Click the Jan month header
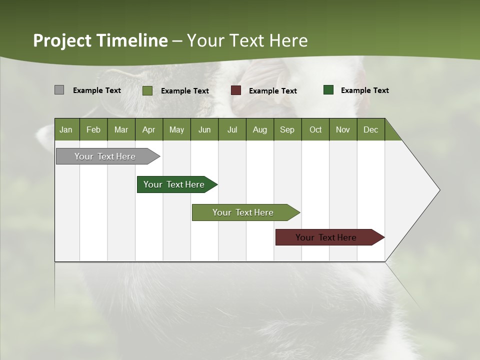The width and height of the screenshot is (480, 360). point(66,129)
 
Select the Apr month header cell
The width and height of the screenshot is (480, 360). point(148,129)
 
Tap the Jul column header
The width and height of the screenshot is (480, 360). point(232,129)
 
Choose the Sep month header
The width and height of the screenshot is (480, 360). point(287,129)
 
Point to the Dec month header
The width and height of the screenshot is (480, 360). point(370,129)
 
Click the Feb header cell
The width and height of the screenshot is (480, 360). point(93,129)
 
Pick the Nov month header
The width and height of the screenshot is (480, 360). point(342,129)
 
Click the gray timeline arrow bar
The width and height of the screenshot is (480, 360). point(105,156)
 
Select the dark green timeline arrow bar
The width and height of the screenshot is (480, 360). point(174,184)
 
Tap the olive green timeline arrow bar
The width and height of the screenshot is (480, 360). point(243,212)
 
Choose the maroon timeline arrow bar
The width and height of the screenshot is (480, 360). point(326,237)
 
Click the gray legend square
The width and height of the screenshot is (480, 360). point(59,90)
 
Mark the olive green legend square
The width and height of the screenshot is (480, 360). point(147,90)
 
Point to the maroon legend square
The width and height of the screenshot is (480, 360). point(235,90)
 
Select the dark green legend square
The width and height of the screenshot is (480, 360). point(328,90)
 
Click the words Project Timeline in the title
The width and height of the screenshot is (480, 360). point(100,40)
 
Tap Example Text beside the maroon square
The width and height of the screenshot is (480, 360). point(272,91)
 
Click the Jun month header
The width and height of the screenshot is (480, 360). point(204,129)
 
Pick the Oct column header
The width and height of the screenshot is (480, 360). point(315,129)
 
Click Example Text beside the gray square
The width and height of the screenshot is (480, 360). point(96,90)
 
